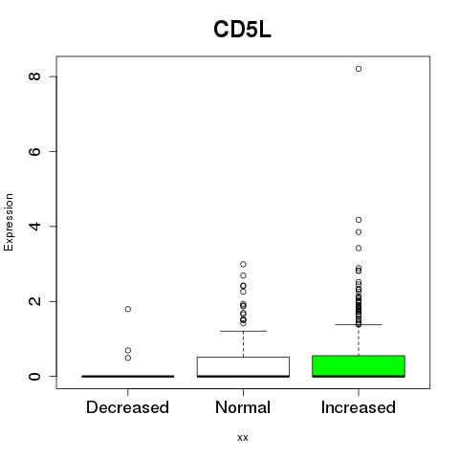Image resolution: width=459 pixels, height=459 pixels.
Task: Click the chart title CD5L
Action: [242, 30]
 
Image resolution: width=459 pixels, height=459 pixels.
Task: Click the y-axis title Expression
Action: [9, 222]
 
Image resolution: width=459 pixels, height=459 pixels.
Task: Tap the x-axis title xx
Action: [243, 437]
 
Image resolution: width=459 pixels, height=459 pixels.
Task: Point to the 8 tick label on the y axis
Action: [34, 76]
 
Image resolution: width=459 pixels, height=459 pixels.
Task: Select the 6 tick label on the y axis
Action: [34, 151]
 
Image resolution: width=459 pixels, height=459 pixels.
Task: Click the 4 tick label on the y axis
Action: [34, 227]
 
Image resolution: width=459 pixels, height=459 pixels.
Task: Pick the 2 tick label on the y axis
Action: [34, 301]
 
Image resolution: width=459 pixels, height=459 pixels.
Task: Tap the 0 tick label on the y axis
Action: [34, 376]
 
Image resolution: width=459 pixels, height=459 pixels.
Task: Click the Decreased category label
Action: [127, 407]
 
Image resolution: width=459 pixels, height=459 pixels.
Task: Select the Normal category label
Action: [243, 407]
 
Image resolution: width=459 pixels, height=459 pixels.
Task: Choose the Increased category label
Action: [359, 407]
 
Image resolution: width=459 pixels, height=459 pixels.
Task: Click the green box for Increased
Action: [359, 366]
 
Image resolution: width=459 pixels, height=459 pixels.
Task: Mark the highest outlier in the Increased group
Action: [359, 69]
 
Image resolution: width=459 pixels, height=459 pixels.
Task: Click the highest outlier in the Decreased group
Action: [128, 309]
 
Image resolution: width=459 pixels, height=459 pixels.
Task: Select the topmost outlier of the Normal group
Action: [243, 264]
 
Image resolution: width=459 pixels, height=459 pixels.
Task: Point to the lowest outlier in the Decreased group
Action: [128, 358]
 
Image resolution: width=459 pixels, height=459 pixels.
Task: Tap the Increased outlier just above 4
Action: [359, 220]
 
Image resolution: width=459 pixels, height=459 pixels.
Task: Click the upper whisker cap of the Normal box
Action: [243, 331]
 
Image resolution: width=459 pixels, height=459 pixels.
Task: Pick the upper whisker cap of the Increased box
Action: [359, 324]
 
